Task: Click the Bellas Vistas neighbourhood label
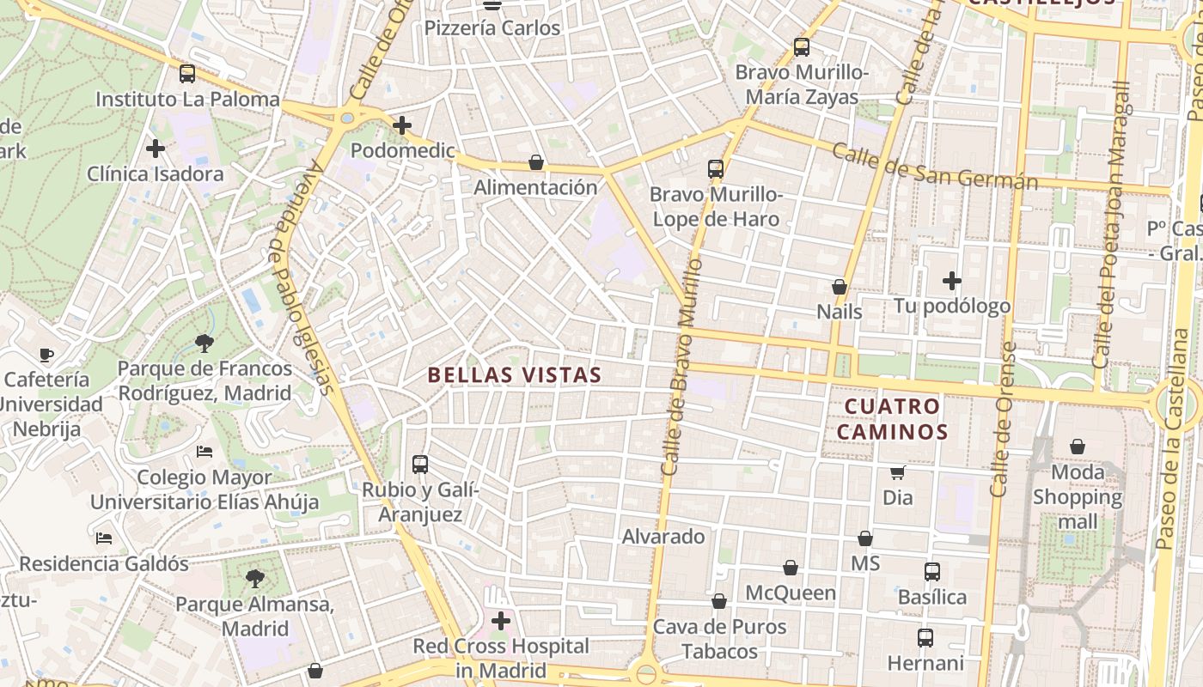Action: click(514, 375)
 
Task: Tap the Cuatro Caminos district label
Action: click(892, 418)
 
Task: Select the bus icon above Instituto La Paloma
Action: click(187, 74)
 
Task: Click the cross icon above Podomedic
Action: click(401, 126)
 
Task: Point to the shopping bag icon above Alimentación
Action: click(536, 162)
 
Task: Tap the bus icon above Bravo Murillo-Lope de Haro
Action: click(715, 169)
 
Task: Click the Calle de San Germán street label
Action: click(935, 168)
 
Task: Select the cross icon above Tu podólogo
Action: click(951, 281)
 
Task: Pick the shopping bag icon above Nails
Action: click(839, 287)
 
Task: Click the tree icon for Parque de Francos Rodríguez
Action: click(205, 343)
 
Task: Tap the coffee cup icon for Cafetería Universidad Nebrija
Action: click(46, 355)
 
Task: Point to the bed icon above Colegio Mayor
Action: click(205, 452)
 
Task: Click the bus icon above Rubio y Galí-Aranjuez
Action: click(419, 465)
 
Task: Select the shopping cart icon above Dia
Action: click(897, 472)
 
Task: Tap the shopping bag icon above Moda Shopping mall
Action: click(1077, 447)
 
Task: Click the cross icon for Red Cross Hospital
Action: click(500, 620)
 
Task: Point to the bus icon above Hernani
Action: click(925, 638)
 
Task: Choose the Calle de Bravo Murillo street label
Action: click(683, 368)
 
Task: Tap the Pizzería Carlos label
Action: click(492, 27)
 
